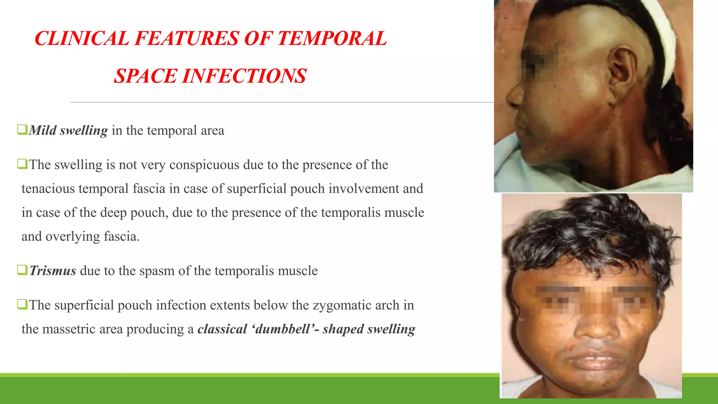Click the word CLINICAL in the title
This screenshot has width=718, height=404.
tap(82, 38)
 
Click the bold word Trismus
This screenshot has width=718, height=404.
tap(53, 271)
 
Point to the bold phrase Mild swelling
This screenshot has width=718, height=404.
tap(68, 130)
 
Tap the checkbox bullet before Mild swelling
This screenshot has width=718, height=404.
tap(22, 129)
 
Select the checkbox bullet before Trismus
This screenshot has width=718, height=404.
tap(22, 270)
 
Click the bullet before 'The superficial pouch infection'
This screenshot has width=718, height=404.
tap(22, 304)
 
